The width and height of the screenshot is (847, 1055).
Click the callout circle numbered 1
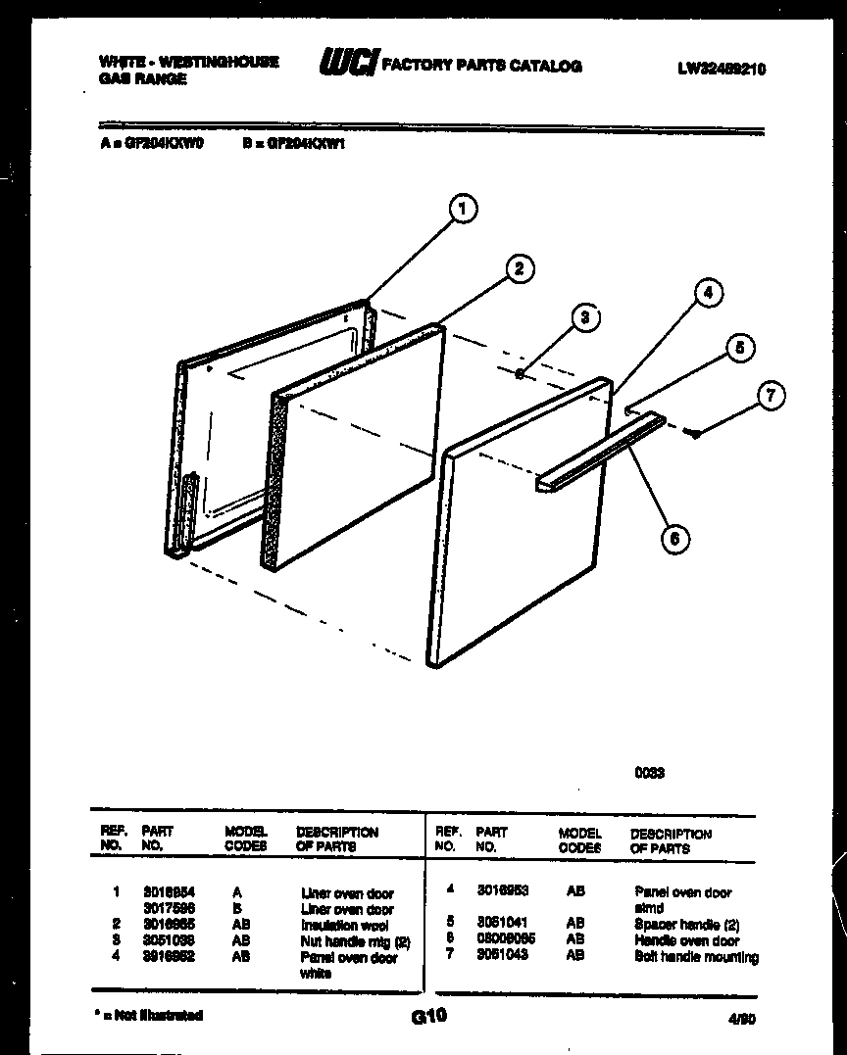click(x=463, y=208)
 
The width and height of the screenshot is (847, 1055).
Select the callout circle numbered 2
click(x=520, y=268)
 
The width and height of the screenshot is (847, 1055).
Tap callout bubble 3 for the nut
click(x=585, y=317)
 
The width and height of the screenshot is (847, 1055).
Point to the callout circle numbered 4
click(x=708, y=292)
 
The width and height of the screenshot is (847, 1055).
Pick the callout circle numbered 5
click(x=740, y=348)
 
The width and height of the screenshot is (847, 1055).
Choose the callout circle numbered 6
click(x=674, y=537)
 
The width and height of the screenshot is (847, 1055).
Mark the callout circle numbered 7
click(x=771, y=396)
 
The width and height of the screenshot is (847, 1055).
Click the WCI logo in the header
click(x=348, y=64)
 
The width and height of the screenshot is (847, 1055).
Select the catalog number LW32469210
click(x=721, y=69)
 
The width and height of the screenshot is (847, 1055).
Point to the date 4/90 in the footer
click(x=742, y=1019)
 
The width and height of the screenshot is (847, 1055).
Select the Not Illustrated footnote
click(x=148, y=1015)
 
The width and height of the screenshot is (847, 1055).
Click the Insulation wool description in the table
click(x=344, y=925)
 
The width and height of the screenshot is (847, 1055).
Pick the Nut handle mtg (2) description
click(x=348, y=941)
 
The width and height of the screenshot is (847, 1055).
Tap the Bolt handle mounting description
click(x=696, y=957)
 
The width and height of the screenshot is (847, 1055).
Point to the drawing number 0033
click(x=649, y=773)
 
